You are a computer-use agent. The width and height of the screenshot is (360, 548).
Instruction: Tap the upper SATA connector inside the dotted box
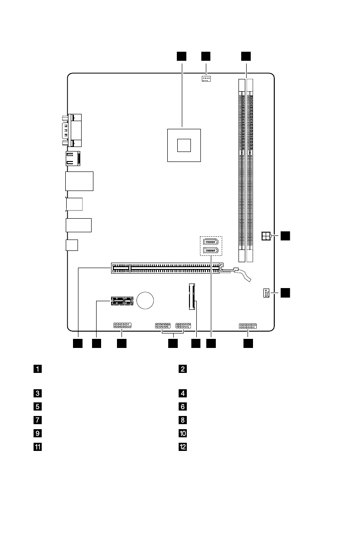[211, 241]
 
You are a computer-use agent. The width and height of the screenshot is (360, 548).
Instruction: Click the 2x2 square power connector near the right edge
[266, 236]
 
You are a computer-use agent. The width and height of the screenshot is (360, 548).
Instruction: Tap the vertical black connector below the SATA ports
[193, 296]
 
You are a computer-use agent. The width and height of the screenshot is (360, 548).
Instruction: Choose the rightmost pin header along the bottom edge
[247, 326]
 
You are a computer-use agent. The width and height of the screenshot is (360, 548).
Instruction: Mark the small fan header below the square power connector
[266, 294]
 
